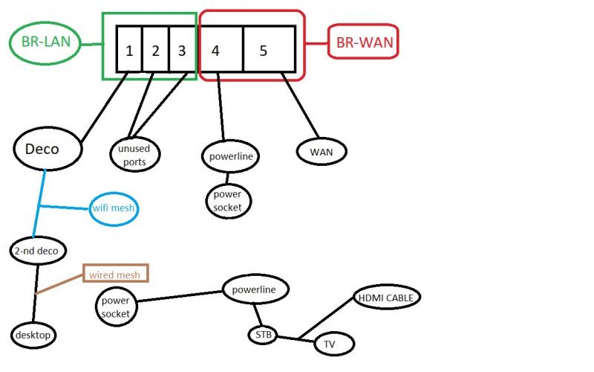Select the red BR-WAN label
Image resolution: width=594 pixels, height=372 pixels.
pyautogui.click(x=364, y=43)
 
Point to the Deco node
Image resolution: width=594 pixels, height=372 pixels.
pyautogui.click(x=47, y=150)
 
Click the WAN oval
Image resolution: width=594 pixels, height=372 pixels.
pyautogui.click(x=322, y=152)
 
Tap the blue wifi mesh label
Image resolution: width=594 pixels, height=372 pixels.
pyautogui.click(x=114, y=208)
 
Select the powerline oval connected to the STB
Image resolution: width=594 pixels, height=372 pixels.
pyautogui.click(x=255, y=289)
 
